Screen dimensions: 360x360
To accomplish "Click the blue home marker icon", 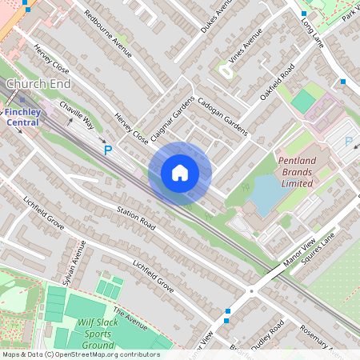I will [x=180, y=172].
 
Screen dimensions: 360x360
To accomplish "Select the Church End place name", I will [x=38, y=84].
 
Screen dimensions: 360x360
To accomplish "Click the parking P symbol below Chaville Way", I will [x=108, y=149].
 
